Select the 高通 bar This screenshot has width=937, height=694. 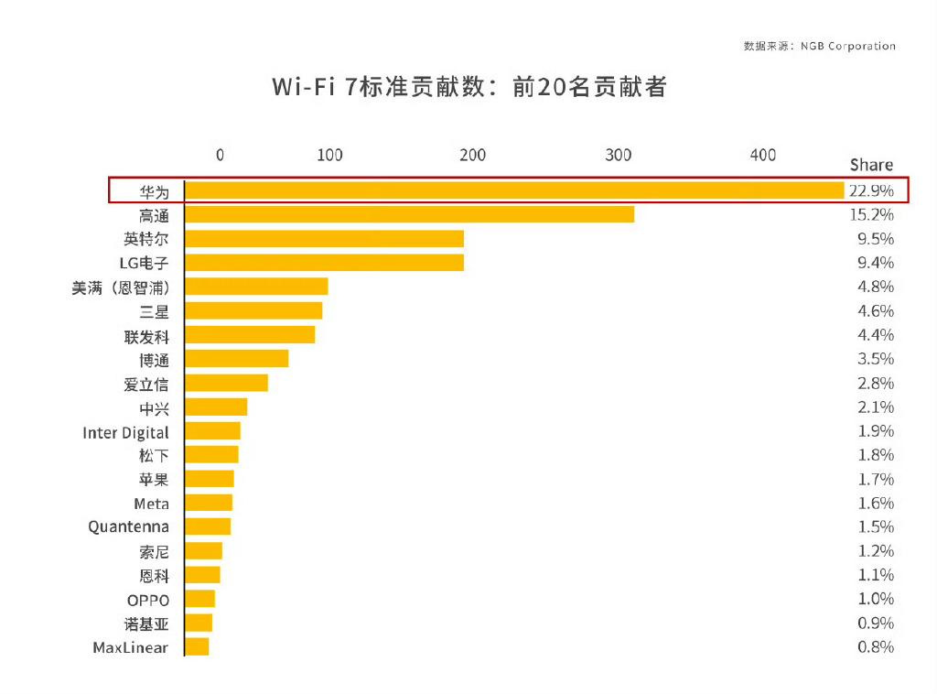pos(409,214)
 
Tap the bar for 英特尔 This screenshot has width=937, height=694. pos(324,239)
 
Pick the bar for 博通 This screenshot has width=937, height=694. pos(236,359)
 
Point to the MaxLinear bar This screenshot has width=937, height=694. pos(197,647)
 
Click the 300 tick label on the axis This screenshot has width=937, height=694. pos(619,155)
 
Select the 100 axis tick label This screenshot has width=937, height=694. pos(329,155)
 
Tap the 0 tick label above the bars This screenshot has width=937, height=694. pos(220,155)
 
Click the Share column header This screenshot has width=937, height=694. pos(870,165)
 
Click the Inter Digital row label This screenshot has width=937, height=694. pos(125,432)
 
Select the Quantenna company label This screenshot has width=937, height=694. pos(128,527)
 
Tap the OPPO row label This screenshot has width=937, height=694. pos(148,600)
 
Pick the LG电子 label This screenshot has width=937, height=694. pos(145,263)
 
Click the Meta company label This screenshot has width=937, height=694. pos(151,504)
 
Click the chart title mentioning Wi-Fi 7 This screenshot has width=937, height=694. pos(468,87)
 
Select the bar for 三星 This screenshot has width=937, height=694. pos(253,311)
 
